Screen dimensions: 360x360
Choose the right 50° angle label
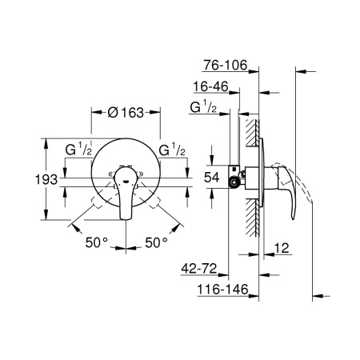click(155, 241)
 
